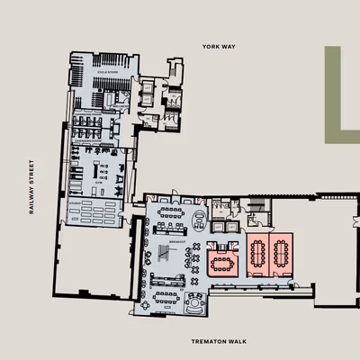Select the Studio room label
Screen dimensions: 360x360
tap(69, 204)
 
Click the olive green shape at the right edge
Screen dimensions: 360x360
tap(339, 94)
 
